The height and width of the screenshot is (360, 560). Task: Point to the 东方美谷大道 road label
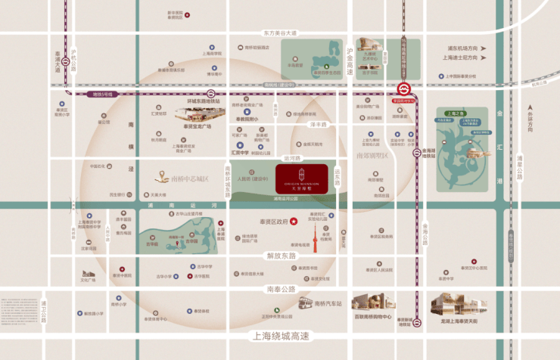(281, 33)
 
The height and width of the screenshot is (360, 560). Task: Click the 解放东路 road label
(281, 256)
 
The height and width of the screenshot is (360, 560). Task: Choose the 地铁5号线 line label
(102, 95)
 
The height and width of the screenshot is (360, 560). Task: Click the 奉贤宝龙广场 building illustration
(198, 113)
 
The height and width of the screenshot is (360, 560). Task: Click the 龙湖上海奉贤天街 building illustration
(458, 304)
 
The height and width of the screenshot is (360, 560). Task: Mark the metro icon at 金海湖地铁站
(417, 153)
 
